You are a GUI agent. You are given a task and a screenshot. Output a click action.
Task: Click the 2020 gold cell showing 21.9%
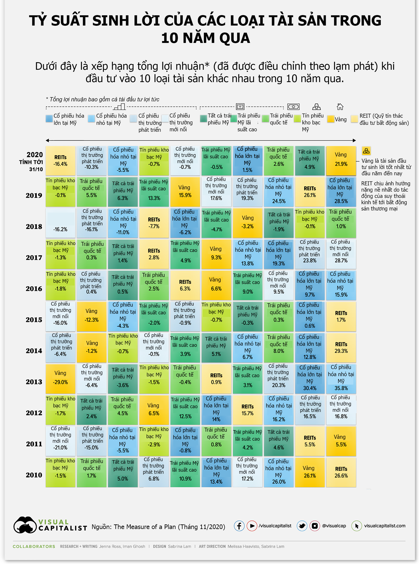(x=341, y=160)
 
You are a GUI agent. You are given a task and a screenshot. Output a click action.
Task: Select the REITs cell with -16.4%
(x=60, y=161)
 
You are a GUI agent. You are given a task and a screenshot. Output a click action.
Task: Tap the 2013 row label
(x=34, y=382)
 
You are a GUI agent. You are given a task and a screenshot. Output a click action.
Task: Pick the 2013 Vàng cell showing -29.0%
(x=60, y=378)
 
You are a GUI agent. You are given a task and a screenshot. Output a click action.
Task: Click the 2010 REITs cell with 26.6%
(x=341, y=472)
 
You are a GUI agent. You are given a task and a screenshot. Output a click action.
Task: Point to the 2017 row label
(x=34, y=258)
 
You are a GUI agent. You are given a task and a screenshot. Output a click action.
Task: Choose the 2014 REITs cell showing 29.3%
(x=341, y=347)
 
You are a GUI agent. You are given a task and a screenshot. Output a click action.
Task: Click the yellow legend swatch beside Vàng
(x=330, y=119)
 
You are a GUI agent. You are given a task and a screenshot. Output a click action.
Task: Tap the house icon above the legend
(x=340, y=106)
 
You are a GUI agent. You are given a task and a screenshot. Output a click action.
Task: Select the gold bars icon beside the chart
(x=366, y=151)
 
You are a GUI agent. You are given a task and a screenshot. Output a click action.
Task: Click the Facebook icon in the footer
(x=239, y=526)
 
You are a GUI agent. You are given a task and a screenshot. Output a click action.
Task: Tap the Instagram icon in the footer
(x=314, y=526)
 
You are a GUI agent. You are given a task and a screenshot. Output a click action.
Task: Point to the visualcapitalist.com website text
(x=384, y=526)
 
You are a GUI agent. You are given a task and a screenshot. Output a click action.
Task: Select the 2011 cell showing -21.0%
(x=60, y=441)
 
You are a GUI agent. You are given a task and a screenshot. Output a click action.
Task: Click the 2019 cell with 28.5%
(x=341, y=192)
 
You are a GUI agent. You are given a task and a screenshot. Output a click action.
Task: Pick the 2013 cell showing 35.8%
(x=341, y=378)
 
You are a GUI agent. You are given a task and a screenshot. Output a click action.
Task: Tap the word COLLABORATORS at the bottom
(x=34, y=546)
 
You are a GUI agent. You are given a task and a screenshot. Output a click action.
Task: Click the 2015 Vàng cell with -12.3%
(x=92, y=316)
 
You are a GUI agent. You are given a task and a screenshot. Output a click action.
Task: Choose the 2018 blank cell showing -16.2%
(x=60, y=223)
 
